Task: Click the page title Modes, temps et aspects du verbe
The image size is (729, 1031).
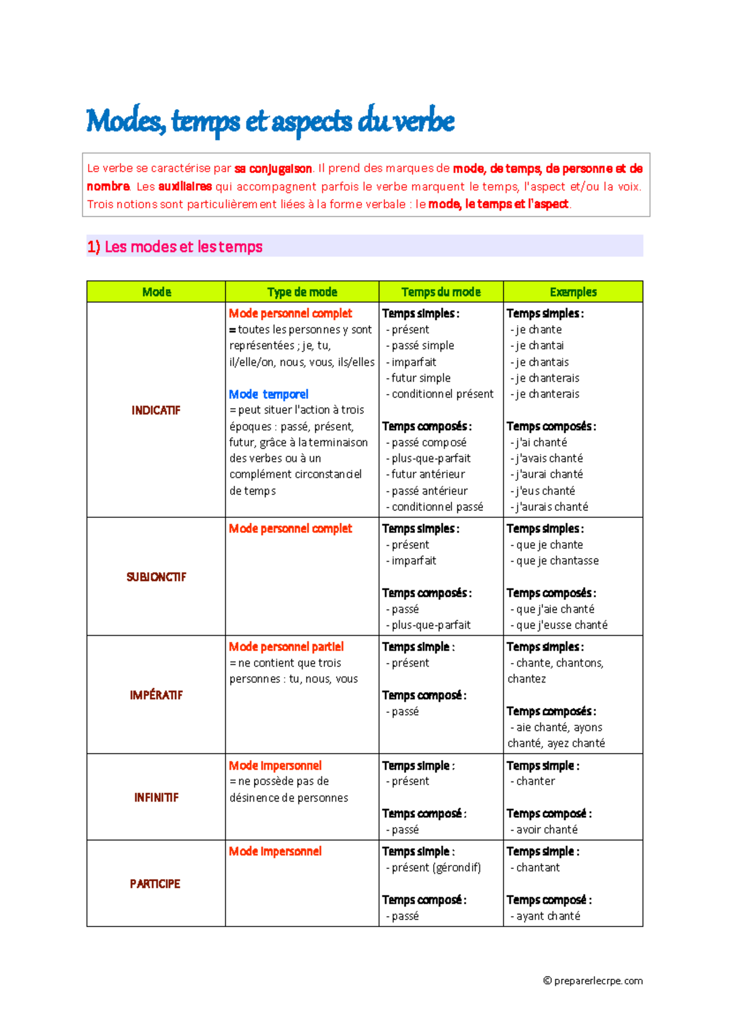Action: [x=270, y=121]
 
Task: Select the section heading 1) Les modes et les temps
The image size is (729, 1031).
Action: [x=175, y=247]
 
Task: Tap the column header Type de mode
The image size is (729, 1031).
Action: [x=302, y=292]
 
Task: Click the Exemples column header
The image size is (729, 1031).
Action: [x=573, y=292]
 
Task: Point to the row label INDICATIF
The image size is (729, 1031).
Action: [x=156, y=410]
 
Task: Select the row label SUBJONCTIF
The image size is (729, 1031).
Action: [x=156, y=577]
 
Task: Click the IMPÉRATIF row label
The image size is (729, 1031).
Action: [x=156, y=695]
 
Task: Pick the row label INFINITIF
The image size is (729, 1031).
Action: [x=156, y=798]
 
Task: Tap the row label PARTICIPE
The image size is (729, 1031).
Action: [x=155, y=884]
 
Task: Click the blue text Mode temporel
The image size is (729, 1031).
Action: [x=269, y=394]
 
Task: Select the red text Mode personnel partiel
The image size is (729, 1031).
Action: [x=286, y=647]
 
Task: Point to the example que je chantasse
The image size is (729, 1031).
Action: [x=557, y=561]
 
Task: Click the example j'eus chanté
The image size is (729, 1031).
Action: [x=545, y=491]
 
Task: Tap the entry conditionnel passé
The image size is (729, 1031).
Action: [x=437, y=507]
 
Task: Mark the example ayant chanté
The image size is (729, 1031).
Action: [x=548, y=916]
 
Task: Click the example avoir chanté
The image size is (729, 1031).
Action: [x=547, y=830]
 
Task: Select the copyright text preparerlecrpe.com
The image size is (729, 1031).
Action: [x=593, y=981]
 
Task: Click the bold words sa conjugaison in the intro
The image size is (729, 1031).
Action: [x=273, y=169]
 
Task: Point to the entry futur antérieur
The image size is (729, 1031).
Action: [x=428, y=474]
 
